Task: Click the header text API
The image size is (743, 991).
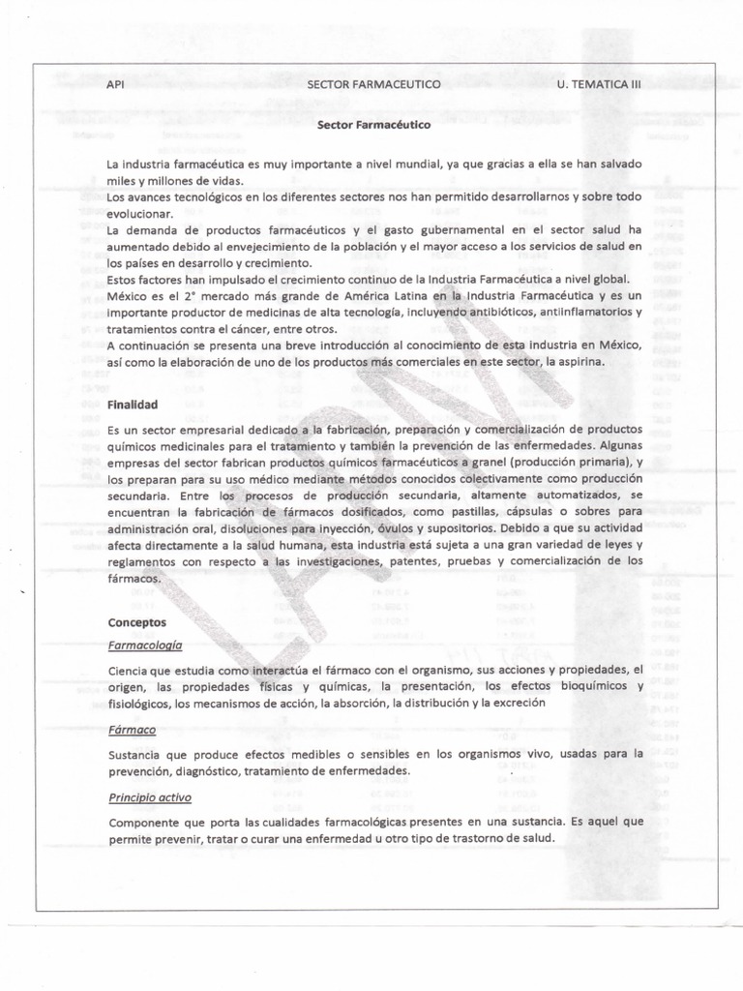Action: [115, 85]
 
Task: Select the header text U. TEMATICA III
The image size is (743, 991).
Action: [599, 85]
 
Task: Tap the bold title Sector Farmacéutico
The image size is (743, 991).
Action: [374, 125]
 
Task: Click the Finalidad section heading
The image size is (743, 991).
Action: [133, 404]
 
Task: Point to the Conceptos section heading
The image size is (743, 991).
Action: [136, 622]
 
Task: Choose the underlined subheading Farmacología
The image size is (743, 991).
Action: [145, 644]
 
